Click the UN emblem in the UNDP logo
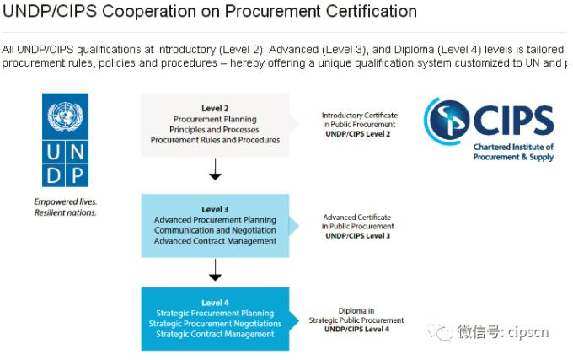click(x=65, y=116)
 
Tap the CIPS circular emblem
click(x=447, y=121)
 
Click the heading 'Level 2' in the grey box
click(x=215, y=108)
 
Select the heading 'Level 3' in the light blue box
click(x=215, y=209)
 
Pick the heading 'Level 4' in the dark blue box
click(x=215, y=303)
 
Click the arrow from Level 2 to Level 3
click(x=215, y=169)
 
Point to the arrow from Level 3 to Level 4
click(x=215, y=270)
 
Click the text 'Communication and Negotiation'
click(x=215, y=230)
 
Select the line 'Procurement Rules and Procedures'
click(x=215, y=140)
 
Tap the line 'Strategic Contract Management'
click(x=215, y=334)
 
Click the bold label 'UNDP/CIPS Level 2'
click(x=358, y=134)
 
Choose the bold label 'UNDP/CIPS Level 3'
click(x=358, y=236)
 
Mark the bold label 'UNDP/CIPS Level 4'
click(x=356, y=330)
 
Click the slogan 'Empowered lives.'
click(x=66, y=201)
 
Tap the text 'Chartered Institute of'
click(x=513, y=147)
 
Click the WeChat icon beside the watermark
click(x=441, y=332)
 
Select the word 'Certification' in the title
click(x=372, y=11)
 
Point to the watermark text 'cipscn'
click(x=528, y=332)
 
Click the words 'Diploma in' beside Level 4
click(x=356, y=310)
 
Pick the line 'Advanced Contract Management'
click(x=215, y=241)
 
